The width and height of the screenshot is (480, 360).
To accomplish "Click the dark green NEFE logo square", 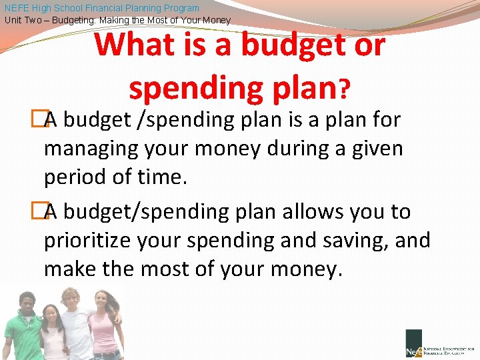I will coord(413,343).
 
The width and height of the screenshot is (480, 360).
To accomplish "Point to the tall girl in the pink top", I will coord(103,323).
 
